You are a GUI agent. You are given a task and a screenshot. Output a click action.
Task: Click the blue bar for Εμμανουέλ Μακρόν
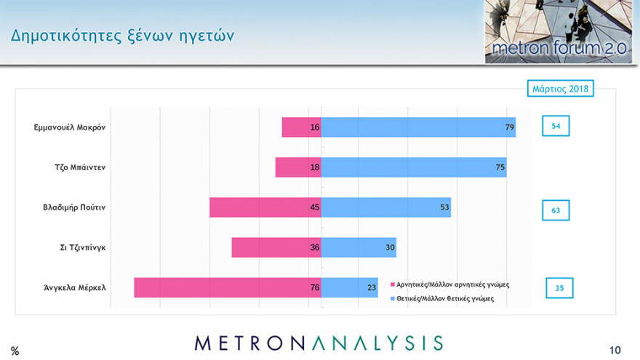(x=418, y=127)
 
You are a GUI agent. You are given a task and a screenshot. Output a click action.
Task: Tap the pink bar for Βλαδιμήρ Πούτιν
(x=265, y=207)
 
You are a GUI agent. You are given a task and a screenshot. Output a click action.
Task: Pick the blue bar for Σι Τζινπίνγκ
(x=359, y=247)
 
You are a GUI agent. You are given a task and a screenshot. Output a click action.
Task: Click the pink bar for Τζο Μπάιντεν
(x=297, y=167)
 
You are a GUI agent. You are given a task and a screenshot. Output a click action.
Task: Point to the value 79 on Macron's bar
(x=510, y=127)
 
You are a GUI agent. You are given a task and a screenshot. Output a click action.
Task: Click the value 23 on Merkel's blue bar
(x=371, y=287)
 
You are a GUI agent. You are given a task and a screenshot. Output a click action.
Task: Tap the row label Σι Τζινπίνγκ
(x=83, y=247)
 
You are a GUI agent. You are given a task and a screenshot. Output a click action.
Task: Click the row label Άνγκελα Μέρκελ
(x=74, y=287)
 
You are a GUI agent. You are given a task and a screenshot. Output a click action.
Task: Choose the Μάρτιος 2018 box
(x=560, y=89)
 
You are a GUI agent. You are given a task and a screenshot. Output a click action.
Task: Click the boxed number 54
(x=556, y=127)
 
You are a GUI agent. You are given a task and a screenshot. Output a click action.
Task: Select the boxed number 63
(x=556, y=210)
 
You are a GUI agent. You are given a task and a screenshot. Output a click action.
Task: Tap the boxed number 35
(x=559, y=288)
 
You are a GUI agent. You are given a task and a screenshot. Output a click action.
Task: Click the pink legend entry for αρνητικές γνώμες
(x=450, y=284)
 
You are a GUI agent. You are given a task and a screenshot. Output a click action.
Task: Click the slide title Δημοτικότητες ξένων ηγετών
(x=122, y=35)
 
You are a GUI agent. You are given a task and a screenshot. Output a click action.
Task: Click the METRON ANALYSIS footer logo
(x=319, y=343)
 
